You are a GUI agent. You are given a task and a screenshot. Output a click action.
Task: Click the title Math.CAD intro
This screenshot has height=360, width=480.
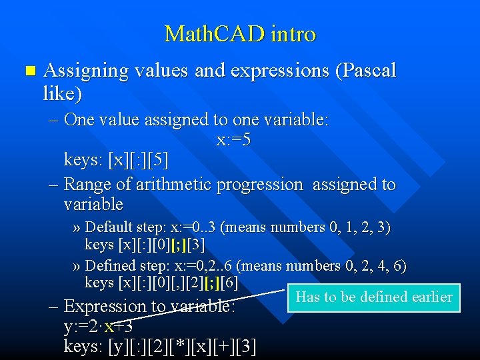click(x=240, y=33)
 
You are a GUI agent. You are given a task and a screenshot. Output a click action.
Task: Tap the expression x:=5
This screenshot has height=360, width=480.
click(x=233, y=140)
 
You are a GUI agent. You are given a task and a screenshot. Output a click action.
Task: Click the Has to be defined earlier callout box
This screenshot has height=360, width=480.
click(x=374, y=297)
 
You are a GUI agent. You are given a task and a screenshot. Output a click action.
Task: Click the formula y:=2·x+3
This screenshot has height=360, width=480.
click(x=98, y=327)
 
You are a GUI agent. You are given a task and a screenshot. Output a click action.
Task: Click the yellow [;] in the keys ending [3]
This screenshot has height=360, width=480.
click(x=178, y=245)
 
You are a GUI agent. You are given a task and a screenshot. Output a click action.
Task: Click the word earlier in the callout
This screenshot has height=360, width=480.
click(x=429, y=297)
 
